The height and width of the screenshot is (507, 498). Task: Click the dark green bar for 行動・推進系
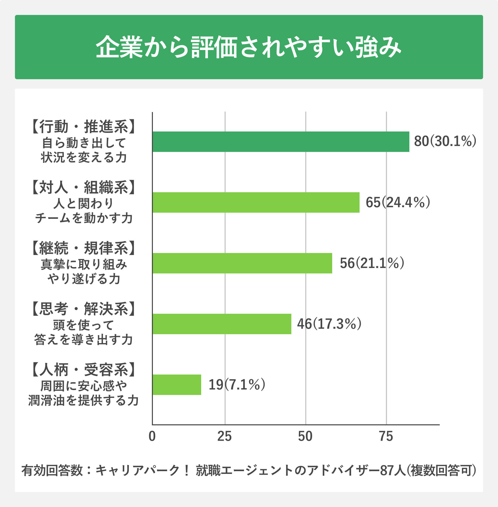pyautogui.click(x=281, y=142)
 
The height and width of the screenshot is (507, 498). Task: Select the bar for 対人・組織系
pyautogui.click(x=256, y=202)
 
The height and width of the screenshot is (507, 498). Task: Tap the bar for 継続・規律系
pyautogui.click(x=242, y=263)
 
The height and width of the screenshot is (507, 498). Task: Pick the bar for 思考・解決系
pyautogui.click(x=222, y=324)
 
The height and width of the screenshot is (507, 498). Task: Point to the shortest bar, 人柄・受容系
pyautogui.click(x=177, y=384)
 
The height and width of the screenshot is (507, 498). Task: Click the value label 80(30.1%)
pyautogui.click(x=445, y=141)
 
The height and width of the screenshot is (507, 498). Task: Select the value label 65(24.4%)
pyautogui.click(x=398, y=202)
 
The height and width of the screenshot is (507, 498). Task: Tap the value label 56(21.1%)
pyautogui.click(x=372, y=263)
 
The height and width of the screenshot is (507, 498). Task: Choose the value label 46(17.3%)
pyautogui.click(x=329, y=324)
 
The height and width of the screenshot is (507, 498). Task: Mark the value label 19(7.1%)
pyautogui.click(x=237, y=384)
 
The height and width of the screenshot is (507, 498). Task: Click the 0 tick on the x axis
pyautogui.click(x=152, y=436)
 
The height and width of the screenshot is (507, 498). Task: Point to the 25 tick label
pyautogui.click(x=224, y=436)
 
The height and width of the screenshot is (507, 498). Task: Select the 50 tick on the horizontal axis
pyautogui.click(x=305, y=436)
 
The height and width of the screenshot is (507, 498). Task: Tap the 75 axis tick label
pyautogui.click(x=386, y=436)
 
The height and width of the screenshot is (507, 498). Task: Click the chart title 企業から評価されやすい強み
pyautogui.click(x=249, y=47)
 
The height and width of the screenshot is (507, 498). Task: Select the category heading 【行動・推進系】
pyautogui.click(x=83, y=127)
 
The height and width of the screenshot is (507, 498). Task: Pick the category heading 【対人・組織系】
pyautogui.click(x=83, y=187)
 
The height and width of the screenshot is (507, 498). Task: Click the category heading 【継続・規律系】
pyautogui.click(x=83, y=248)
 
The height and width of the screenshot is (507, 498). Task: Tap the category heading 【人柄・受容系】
pyautogui.click(x=83, y=369)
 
